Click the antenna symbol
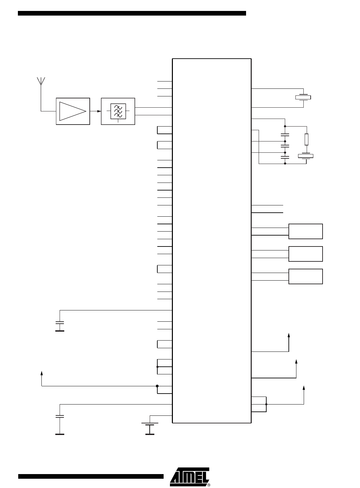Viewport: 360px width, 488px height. pyautogui.click(x=41, y=81)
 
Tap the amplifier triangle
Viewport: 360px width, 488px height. pyautogui.click(x=73, y=111)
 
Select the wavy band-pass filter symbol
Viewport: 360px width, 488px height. pyautogui.click(x=118, y=111)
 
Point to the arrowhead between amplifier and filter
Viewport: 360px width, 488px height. pyautogui.click(x=99, y=111)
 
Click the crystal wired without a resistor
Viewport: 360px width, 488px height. pyautogui.click(x=303, y=97)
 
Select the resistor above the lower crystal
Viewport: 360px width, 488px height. pyautogui.click(x=307, y=139)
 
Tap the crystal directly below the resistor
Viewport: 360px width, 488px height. pyautogui.click(x=306, y=156)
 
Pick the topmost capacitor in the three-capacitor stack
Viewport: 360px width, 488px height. pyautogui.click(x=285, y=135)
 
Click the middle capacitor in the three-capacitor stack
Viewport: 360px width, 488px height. pyautogui.click(x=285, y=146)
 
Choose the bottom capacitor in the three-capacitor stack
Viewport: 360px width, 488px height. pyautogui.click(x=285, y=157)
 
